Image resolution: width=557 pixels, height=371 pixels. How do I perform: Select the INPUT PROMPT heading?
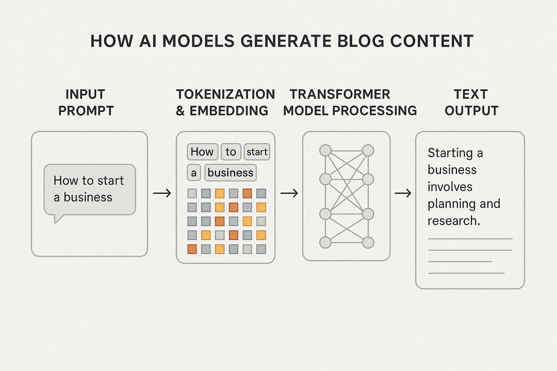click(86, 103)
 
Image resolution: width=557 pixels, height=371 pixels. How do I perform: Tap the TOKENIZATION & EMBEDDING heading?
click(225, 103)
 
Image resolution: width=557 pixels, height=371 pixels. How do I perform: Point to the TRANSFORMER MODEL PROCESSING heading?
click(350, 103)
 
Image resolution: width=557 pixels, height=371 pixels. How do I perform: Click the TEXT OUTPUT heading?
click(471, 103)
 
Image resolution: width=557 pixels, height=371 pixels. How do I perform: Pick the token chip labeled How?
click(202, 151)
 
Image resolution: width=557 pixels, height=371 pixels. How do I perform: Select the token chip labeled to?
click(231, 151)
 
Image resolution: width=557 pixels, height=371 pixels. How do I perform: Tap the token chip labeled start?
click(257, 151)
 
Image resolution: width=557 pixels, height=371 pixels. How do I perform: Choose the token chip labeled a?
click(193, 173)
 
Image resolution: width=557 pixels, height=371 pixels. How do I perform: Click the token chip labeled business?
click(230, 173)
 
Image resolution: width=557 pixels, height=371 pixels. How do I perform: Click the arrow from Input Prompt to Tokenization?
click(162, 193)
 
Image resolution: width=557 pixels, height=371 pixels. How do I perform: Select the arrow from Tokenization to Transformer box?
click(289, 193)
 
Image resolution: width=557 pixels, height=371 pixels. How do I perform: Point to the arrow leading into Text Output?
click(403, 193)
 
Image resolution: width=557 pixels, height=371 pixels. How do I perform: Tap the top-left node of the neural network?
click(325, 150)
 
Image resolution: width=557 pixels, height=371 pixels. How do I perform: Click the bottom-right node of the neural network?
click(368, 243)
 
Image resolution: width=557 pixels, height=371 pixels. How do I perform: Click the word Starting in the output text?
click(450, 153)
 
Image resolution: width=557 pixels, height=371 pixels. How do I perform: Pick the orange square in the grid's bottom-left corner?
click(192, 249)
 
